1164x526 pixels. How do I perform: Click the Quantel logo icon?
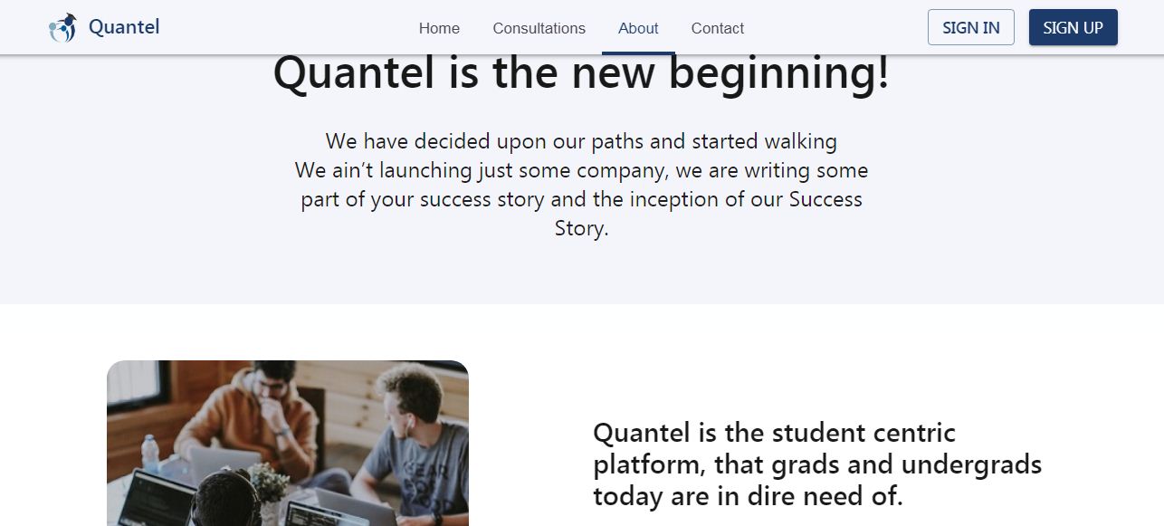coord(62,28)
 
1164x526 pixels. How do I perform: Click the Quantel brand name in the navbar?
coord(124,27)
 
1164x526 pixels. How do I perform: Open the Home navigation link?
coord(439,28)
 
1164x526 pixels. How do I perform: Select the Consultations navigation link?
coord(539,28)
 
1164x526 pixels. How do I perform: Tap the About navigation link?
coord(638,28)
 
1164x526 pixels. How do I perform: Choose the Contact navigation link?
coord(718,28)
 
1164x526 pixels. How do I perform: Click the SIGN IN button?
coord(970,27)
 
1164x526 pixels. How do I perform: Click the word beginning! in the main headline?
coord(778,74)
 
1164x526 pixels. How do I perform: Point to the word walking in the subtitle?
coord(801,142)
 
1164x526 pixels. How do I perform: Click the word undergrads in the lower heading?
coord(971,464)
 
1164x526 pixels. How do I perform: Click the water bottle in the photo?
coord(150,454)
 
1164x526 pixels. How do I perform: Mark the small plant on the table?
coord(269,483)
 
